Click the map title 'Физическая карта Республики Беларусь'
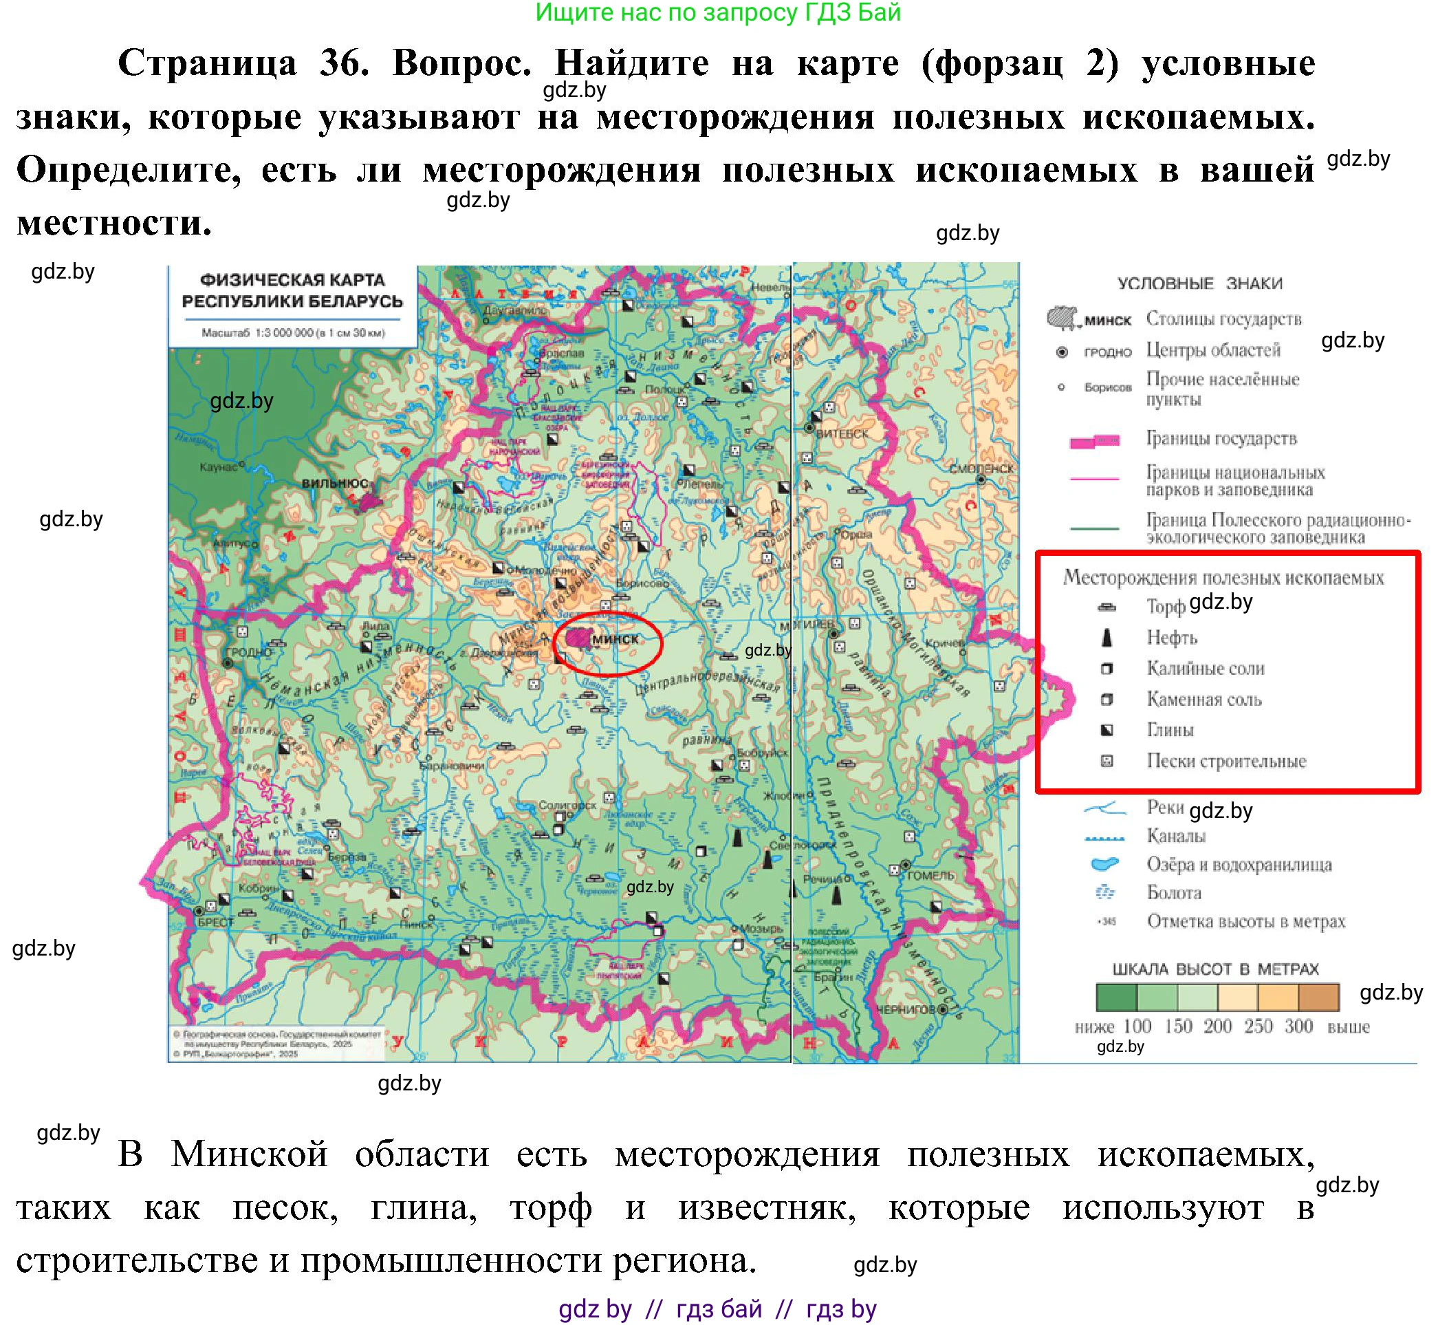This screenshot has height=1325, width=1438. pos(292,290)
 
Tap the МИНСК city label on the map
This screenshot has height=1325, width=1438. pos(615,640)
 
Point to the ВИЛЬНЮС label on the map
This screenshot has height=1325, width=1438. pos(334,483)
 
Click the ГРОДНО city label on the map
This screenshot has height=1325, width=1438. pos(248,652)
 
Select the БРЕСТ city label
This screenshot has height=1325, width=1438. pos(216,922)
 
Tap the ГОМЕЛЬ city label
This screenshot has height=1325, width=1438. pos(930,876)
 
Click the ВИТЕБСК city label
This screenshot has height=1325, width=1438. pos(842,434)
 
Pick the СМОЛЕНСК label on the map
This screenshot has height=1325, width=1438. pos(981,468)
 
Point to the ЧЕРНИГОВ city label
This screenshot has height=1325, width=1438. pos(906,1009)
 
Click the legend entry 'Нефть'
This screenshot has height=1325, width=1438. pos(1171,638)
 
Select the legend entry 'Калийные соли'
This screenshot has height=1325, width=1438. pos(1205,668)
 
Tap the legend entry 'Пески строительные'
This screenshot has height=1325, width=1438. pos(1225,761)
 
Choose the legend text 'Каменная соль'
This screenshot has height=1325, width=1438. pos(1203,699)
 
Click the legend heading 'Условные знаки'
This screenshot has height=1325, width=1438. pos(1199,283)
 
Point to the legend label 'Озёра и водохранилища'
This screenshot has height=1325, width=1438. pos(1239,864)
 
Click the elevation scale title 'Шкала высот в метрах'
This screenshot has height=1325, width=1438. pos(1215,969)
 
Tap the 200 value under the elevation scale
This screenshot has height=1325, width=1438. pos(1217,1026)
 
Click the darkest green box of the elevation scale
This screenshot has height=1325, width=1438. pos(1116,998)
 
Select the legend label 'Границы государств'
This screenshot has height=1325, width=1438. pos(1221,438)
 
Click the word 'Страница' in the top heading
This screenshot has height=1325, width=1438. pos(207,63)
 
